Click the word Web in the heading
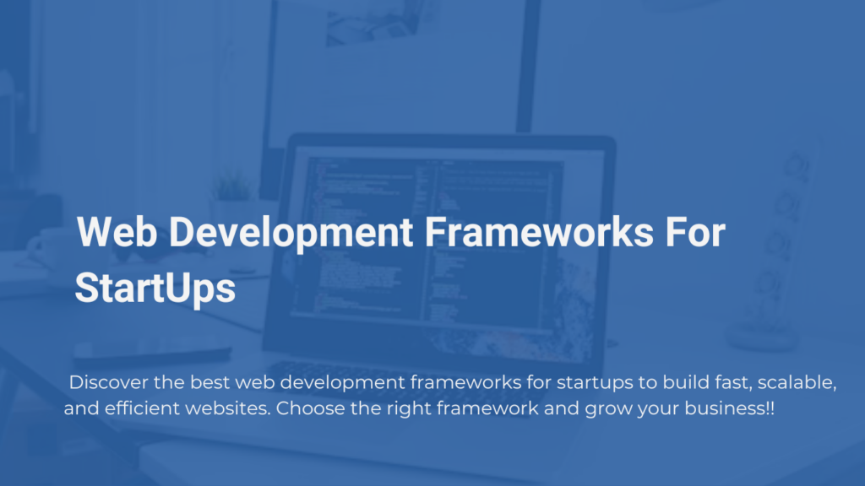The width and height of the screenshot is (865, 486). [x=117, y=232]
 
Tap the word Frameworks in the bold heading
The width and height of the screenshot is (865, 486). [x=539, y=232]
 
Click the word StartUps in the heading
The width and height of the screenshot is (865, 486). [x=155, y=289]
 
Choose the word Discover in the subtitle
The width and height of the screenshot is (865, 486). [x=108, y=382]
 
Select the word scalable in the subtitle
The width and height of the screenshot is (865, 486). [x=797, y=382]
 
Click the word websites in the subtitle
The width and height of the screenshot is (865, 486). [x=228, y=408]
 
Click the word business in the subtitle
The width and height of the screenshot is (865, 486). [x=723, y=408]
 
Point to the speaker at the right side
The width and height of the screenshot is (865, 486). [x=776, y=248]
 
